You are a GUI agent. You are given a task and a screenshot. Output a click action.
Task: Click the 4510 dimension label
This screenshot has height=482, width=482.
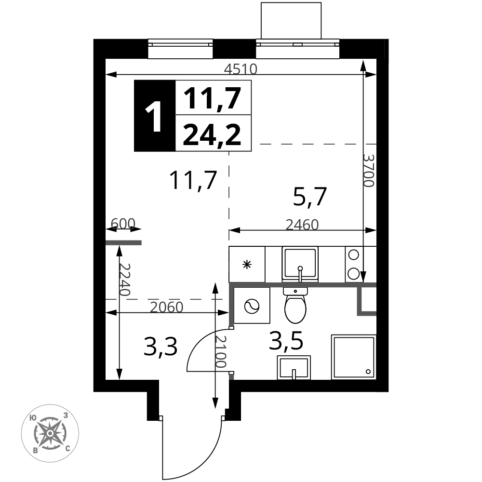241,69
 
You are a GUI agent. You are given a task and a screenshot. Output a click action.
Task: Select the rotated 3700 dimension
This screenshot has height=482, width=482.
368,170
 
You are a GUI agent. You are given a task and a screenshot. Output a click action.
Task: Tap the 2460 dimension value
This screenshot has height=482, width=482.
302,225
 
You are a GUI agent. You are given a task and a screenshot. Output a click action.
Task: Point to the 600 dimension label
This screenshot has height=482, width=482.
123,224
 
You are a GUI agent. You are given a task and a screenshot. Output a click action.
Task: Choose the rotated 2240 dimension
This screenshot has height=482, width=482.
124,280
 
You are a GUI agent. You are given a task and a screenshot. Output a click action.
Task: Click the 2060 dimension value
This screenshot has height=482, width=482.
167,308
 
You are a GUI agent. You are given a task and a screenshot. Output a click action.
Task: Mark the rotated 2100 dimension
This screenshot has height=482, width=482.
220,351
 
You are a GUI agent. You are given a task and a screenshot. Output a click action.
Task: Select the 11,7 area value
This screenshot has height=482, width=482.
213,99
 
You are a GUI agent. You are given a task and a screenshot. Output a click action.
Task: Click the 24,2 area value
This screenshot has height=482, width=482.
212,134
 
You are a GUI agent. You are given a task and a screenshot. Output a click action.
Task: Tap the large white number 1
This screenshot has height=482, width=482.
155,118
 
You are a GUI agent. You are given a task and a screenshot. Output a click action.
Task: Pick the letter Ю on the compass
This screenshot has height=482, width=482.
33,418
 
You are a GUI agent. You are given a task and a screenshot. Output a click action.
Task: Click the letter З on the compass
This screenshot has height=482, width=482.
66,415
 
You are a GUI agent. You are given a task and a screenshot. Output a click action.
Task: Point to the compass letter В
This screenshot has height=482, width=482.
36,451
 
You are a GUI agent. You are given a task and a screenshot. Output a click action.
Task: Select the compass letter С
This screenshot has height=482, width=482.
67,448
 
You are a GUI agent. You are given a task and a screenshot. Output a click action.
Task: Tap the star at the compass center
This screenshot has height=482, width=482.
50,433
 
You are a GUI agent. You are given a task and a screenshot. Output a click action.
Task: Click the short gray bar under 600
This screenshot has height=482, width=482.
123,242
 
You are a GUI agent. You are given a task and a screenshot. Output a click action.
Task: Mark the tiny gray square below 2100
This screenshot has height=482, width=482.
231,377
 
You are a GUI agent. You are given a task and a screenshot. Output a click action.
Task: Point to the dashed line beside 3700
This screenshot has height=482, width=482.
318,144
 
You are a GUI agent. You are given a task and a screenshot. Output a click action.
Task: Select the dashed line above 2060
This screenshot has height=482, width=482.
164,299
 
